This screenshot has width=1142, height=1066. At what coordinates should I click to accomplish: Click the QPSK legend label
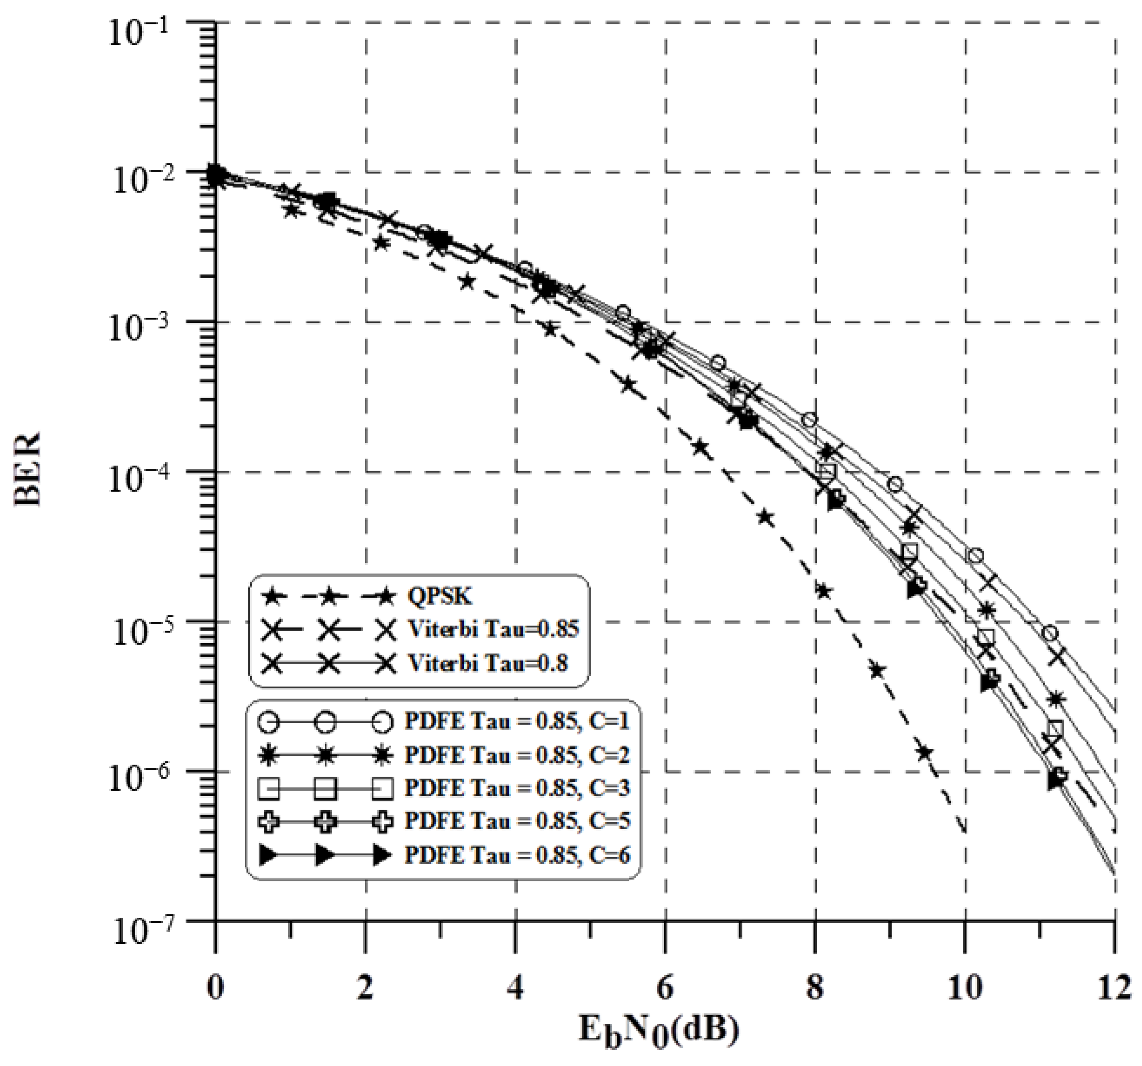[439, 597]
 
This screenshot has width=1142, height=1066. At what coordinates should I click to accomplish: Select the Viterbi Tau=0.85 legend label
[493, 630]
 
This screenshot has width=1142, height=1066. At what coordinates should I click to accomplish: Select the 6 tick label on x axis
[665, 990]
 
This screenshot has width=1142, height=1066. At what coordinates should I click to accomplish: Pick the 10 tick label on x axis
[965, 990]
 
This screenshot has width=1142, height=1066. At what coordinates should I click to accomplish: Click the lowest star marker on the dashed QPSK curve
[924, 752]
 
